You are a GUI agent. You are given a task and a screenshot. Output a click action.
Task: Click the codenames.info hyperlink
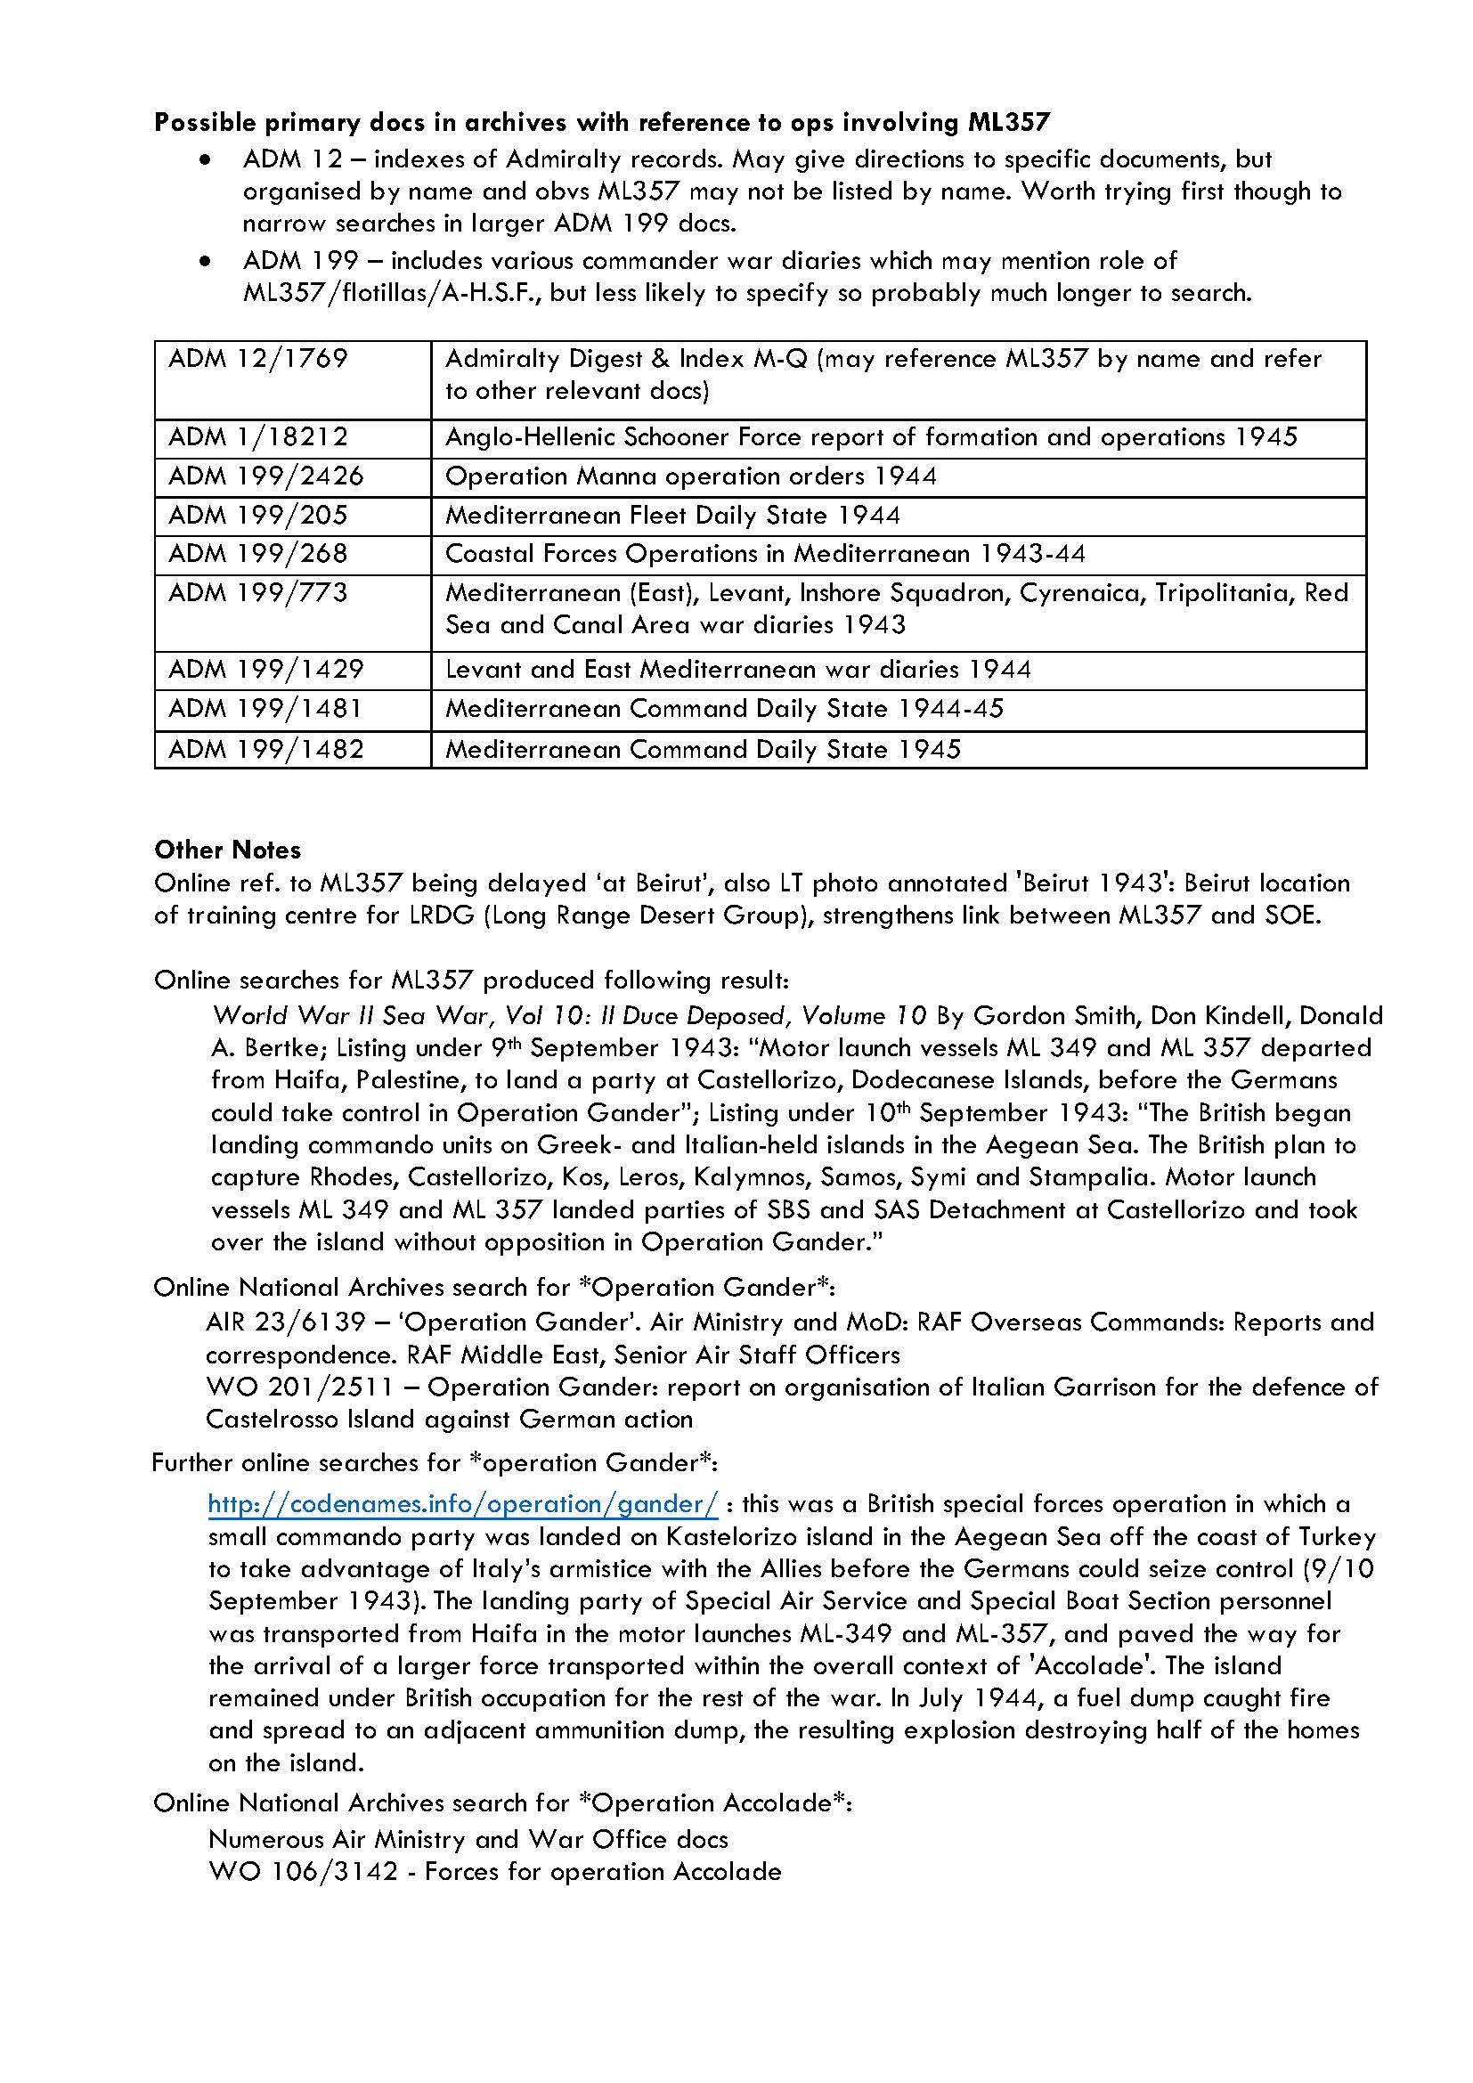462,1504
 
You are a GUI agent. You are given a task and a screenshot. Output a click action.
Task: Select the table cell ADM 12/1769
257,359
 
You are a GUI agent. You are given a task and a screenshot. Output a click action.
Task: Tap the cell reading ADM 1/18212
257,437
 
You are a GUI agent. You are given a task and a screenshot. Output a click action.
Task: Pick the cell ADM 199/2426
265,476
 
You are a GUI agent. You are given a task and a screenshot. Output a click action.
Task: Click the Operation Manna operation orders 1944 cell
690,476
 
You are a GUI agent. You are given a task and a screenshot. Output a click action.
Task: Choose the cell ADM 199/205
257,516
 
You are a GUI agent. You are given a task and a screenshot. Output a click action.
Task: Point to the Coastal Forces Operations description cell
765,553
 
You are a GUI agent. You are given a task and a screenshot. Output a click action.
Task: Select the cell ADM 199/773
257,593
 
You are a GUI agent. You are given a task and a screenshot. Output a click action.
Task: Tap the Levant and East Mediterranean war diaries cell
737,670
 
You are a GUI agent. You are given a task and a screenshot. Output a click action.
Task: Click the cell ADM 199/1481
265,709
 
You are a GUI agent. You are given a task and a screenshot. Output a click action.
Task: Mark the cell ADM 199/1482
265,748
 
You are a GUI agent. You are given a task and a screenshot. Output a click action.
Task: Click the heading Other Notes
227,850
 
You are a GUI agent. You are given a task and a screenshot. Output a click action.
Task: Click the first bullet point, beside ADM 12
208,159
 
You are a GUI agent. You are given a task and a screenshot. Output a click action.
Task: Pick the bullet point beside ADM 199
208,261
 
